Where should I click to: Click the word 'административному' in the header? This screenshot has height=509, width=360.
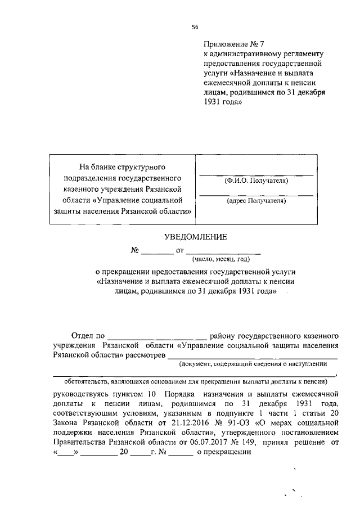(x=244, y=53)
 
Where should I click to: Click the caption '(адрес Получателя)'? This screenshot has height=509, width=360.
(x=256, y=200)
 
